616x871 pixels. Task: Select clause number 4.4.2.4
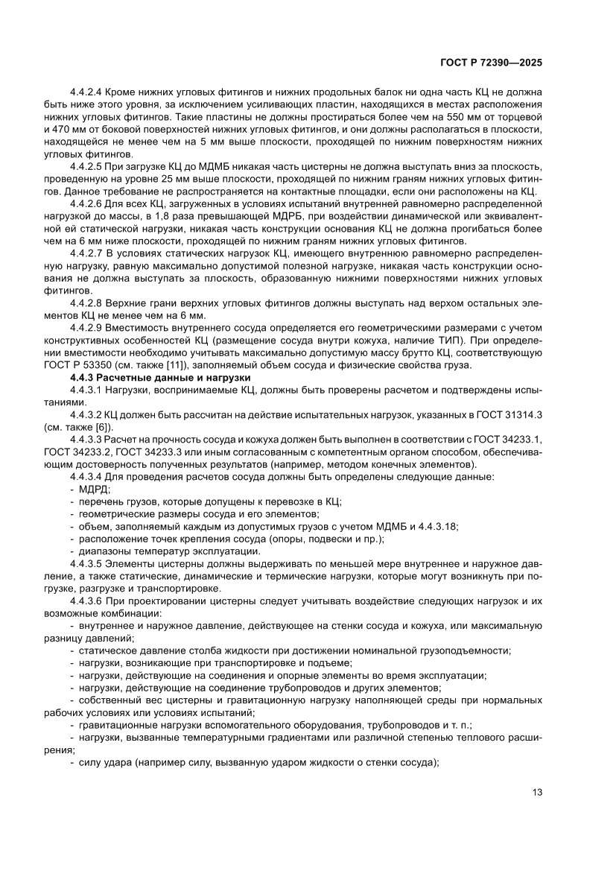(88, 94)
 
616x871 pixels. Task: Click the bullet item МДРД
(94, 489)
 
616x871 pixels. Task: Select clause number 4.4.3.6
(88, 599)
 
